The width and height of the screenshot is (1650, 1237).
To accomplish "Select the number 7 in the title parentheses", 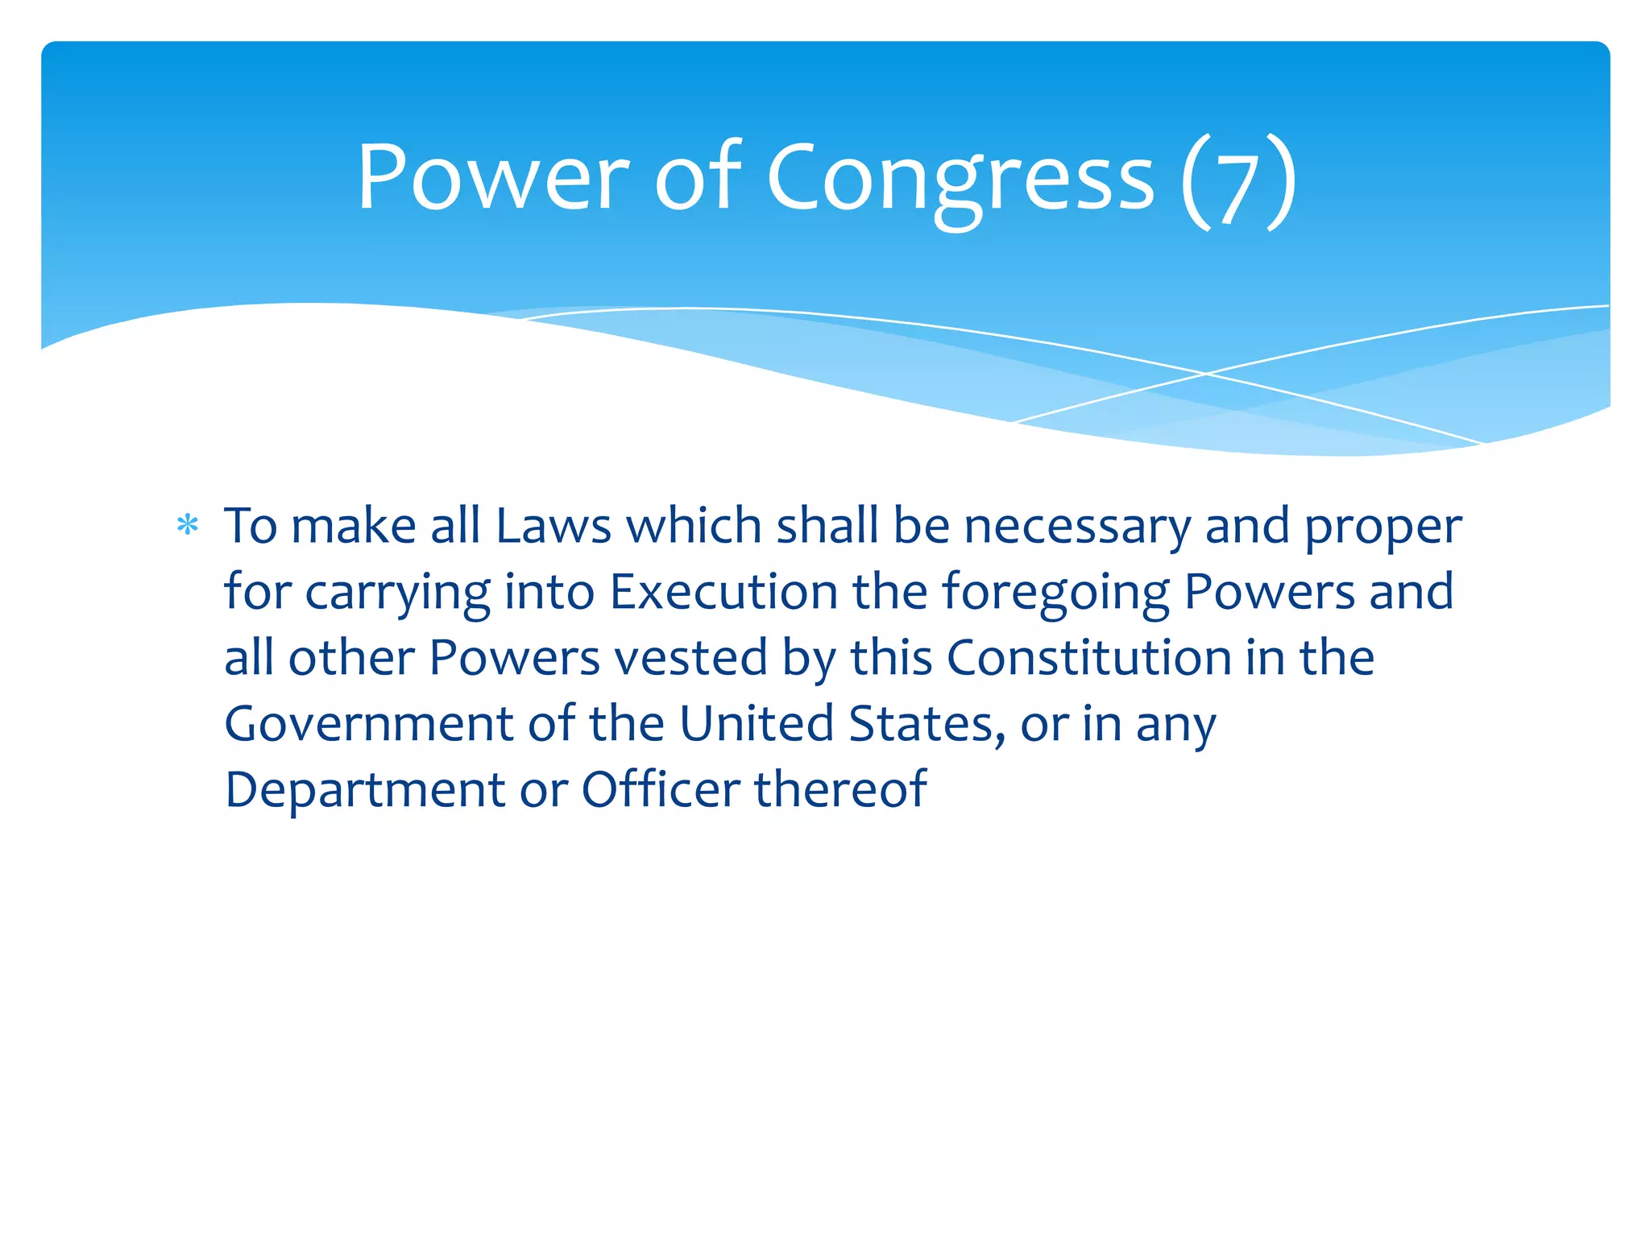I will pyautogui.click(x=1238, y=189).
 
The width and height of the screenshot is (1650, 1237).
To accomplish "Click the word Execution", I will pyautogui.click(x=723, y=592).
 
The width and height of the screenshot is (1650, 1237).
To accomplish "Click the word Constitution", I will pyautogui.click(x=1088, y=658).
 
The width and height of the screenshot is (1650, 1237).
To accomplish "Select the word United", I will pyautogui.click(x=756, y=724).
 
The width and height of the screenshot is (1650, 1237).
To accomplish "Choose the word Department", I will pyautogui.click(x=364, y=791).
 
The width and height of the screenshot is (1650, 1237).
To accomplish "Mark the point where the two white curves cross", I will pyautogui.click(x=1205, y=374).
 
